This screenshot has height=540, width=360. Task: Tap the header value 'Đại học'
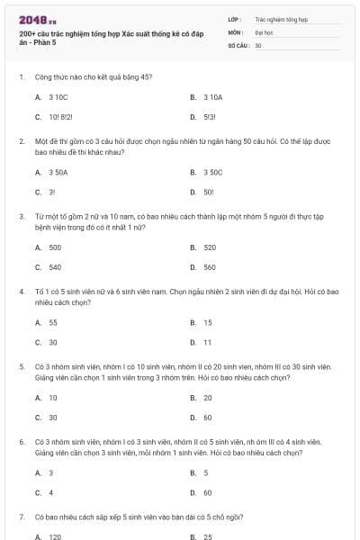coord(263,31)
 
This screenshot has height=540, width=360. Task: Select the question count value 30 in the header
coord(258,45)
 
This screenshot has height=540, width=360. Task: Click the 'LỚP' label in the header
coord(234,18)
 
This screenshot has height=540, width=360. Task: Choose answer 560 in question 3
coord(210,267)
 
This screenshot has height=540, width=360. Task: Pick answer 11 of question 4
coord(208,343)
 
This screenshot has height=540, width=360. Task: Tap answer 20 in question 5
coord(208,397)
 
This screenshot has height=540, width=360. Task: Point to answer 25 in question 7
coord(208,536)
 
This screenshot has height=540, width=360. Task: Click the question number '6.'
coord(21,443)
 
